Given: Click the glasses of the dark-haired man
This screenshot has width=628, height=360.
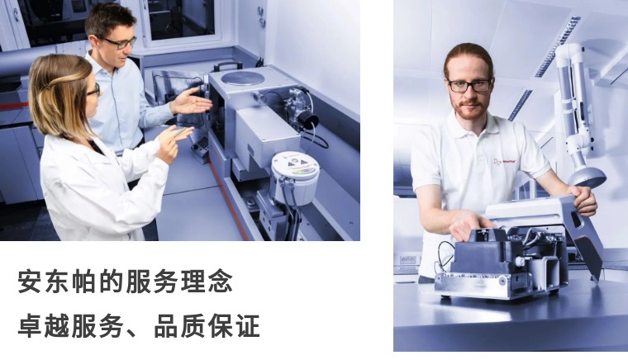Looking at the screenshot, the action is pyautogui.click(x=119, y=42).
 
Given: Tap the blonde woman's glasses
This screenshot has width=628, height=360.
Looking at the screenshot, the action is pyautogui.click(x=94, y=90).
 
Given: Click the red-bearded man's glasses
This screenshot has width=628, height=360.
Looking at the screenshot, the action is pyautogui.click(x=469, y=85).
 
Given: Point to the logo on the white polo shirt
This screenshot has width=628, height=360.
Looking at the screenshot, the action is pyautogui.click(x=504, y=161).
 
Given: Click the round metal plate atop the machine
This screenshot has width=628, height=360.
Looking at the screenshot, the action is pyautogui.click(x=242, y=78).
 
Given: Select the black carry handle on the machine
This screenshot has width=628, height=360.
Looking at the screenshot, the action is pyautogui.click(x=227, y=65).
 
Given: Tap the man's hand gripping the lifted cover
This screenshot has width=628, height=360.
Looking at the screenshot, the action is pyautogui.click(x=585, y=199).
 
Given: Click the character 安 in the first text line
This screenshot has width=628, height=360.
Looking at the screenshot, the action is pyautogui.click(x=30, y=282).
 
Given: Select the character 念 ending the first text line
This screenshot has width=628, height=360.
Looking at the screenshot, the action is pyautogui.click(x=220, y=282).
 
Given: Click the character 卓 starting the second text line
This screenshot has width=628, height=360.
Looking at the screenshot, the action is pyautogui.click(x=30, y=325).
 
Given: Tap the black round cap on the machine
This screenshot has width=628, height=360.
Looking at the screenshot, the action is pyautogui.click(x=308, y=121).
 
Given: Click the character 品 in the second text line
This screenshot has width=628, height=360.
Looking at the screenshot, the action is pyautogui.click(x=166, y=325).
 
